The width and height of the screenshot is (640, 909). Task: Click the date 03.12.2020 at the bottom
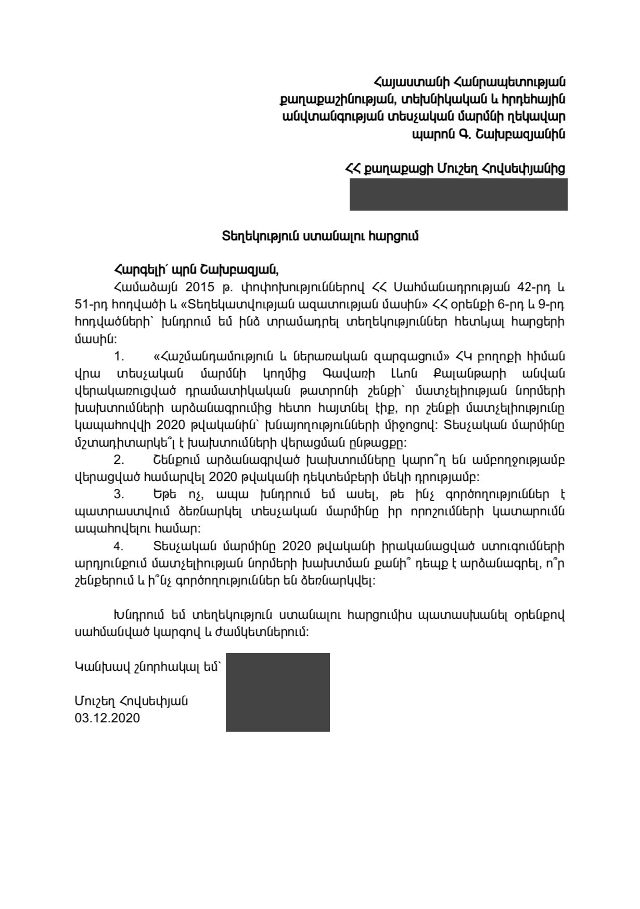pyautogui.click(x=107, y=718)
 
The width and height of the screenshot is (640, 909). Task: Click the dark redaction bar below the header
pyautogui.click(x=458, y=194)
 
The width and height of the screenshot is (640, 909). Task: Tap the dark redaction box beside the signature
pyautogui.click(x=277, y=692)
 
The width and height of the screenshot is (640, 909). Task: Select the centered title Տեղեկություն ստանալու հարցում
pyautogui.click(x=320, y=236)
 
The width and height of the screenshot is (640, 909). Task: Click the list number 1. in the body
pyautogui.click(x=119, y=357)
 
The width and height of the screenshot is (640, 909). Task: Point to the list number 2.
pyautogui.click(x=119, y=460)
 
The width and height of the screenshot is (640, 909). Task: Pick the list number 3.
pyautogui.click(x=119, y=495)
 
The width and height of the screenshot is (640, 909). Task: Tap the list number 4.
pyautogui.click(x=119, y=547)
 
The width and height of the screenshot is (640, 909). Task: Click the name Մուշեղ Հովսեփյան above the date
pyautogui.click(x=131, y=701)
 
